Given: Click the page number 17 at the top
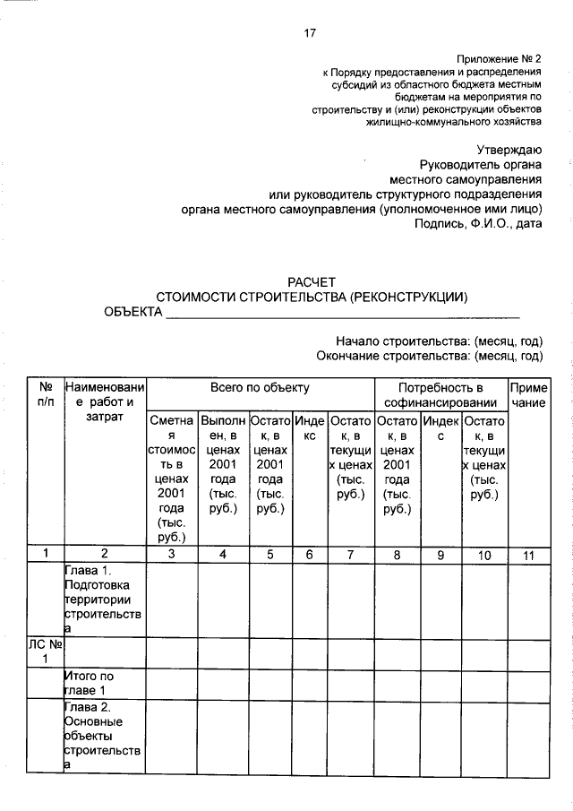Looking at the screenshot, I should (x=310, y=33).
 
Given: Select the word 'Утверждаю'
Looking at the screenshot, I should (x=509, y=149).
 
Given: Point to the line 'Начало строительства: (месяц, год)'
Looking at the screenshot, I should (x=440, y=341).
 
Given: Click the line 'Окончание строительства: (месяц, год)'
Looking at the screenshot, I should (x=430, y=356).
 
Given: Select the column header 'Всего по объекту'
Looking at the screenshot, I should (x=260, y=388).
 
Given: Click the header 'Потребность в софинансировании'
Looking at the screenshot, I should (x=440, y=395).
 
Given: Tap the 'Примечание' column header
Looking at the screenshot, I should (x=528, y=395).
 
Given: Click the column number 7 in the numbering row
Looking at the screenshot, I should (x=350, y=555).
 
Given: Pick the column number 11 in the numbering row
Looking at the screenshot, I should (x=528, y=555).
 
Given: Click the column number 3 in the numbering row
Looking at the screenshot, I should (x=171, y=555).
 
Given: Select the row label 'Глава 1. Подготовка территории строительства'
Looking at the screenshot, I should (x=103, y=600).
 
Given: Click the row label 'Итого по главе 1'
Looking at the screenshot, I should (x=90, y=683).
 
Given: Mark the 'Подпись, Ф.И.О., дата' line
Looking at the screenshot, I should (x=478, y=224).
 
